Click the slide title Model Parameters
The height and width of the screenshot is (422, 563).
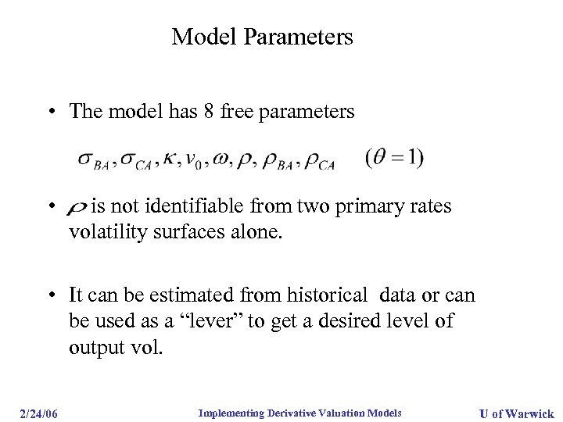tap(262, 37)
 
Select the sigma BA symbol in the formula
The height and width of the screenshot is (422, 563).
tap(93, 159)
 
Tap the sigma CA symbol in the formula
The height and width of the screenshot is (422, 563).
tap(135, 159)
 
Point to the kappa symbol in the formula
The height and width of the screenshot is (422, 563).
tap(169, 159)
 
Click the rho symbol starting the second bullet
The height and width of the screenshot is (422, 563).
tap(77, 208)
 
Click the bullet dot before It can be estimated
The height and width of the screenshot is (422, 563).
tap(49, 295)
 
